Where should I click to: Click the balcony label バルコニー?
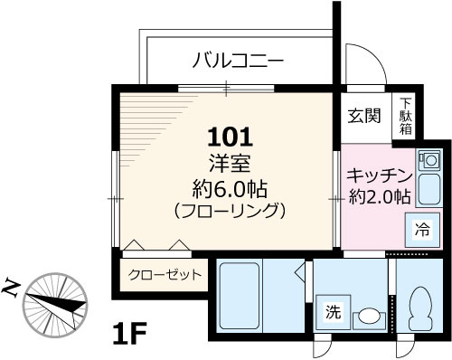click(239, 62)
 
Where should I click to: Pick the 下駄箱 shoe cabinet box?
click(406, 117)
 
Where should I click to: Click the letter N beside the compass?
click(12, 288)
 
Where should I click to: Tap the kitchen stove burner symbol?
click(428, 161)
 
